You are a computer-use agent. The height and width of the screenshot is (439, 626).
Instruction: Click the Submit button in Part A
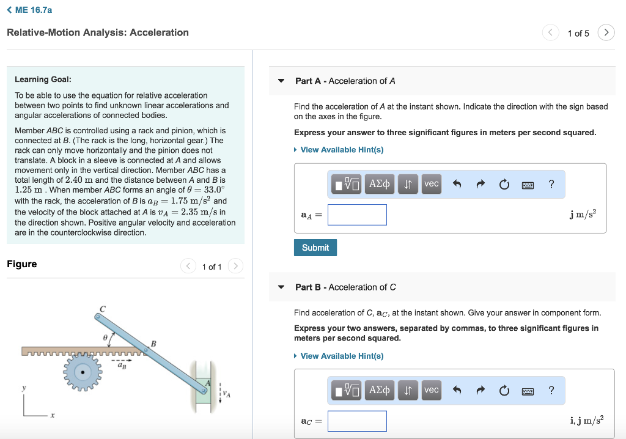coord(315,248)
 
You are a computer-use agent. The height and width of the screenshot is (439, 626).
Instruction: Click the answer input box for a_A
coord(357,215)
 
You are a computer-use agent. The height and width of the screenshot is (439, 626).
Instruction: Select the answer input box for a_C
coord(357,421)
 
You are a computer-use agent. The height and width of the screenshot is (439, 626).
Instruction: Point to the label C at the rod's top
coord(103,309)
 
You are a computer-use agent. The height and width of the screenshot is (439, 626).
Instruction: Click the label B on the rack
coord(154,344)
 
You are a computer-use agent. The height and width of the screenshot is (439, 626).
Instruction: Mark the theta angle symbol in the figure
coord(105,337)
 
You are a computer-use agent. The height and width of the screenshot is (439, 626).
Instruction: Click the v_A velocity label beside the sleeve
coord(228,394)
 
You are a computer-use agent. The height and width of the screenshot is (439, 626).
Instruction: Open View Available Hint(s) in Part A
coord(342,150)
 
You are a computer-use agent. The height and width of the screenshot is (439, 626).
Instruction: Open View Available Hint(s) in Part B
coord(342,356)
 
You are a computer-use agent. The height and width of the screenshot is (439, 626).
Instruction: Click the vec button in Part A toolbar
coord(432,184)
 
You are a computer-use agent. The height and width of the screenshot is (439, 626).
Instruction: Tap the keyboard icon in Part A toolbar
coord(528,185)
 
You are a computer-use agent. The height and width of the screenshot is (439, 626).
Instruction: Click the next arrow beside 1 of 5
coord(606,33)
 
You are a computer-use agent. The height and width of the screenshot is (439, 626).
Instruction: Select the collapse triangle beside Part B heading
coord(281,287)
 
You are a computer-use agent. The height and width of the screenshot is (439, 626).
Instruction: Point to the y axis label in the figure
coord(24,388)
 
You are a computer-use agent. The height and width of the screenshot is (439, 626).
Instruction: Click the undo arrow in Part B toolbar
coord(457,390)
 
